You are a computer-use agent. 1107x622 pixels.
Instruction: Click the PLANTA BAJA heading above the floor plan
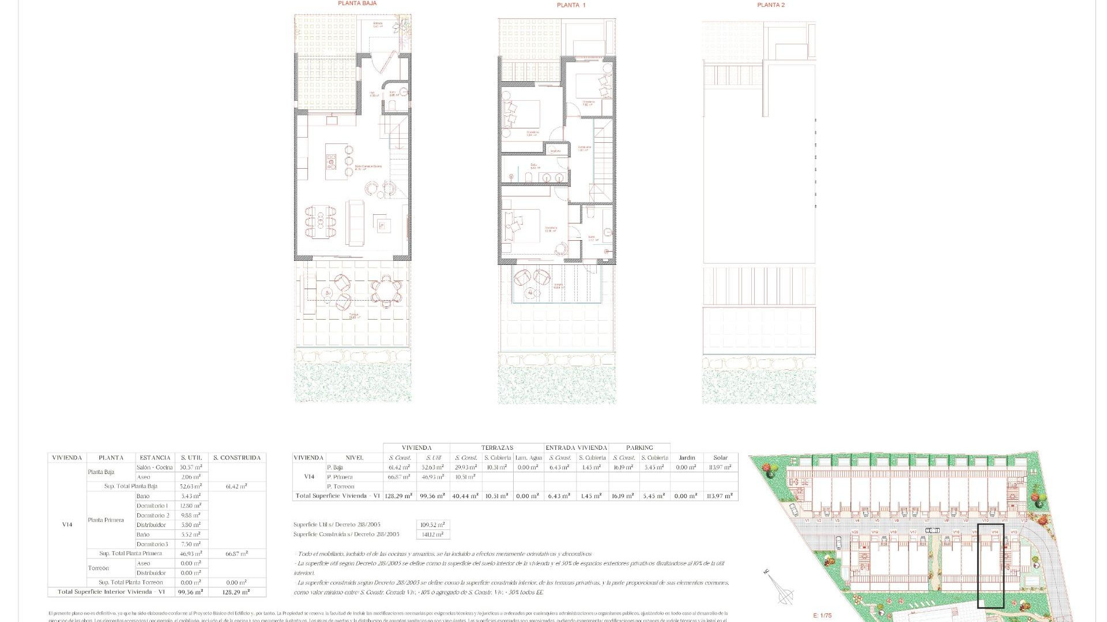(x=357, y=3)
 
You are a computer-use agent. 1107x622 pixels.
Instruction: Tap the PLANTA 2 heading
(x=771, y=5)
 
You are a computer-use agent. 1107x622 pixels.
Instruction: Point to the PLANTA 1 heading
(x=571, y=5)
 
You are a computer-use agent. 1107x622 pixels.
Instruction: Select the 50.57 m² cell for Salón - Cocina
(x=191, y=467)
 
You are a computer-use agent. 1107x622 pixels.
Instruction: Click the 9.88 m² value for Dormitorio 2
(x=191, y=515)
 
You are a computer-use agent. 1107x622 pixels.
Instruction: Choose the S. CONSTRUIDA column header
(x=237, y=458)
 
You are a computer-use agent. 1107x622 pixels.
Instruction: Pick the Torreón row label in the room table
(x=98, y=568)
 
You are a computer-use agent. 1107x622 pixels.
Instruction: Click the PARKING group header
(x=639, y=447)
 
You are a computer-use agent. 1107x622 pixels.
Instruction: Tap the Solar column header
(x=720, y=458)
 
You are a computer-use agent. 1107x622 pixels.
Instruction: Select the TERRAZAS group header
(x=497, y=447)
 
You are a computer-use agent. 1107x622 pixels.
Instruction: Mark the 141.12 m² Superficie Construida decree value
(x=432, y=534)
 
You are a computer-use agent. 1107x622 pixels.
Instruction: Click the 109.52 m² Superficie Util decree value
(x=432, y=525)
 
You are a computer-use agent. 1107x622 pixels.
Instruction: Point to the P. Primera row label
(x=340, y=477)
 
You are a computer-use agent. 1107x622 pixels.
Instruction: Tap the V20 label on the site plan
(x=856, y=532)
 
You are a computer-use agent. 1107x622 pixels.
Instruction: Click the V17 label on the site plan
(x=913, y=532)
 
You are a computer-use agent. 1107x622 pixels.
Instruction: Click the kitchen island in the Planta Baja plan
(x=332, y=161)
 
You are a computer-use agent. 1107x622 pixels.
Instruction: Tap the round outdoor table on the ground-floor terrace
(x=385, y=291)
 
